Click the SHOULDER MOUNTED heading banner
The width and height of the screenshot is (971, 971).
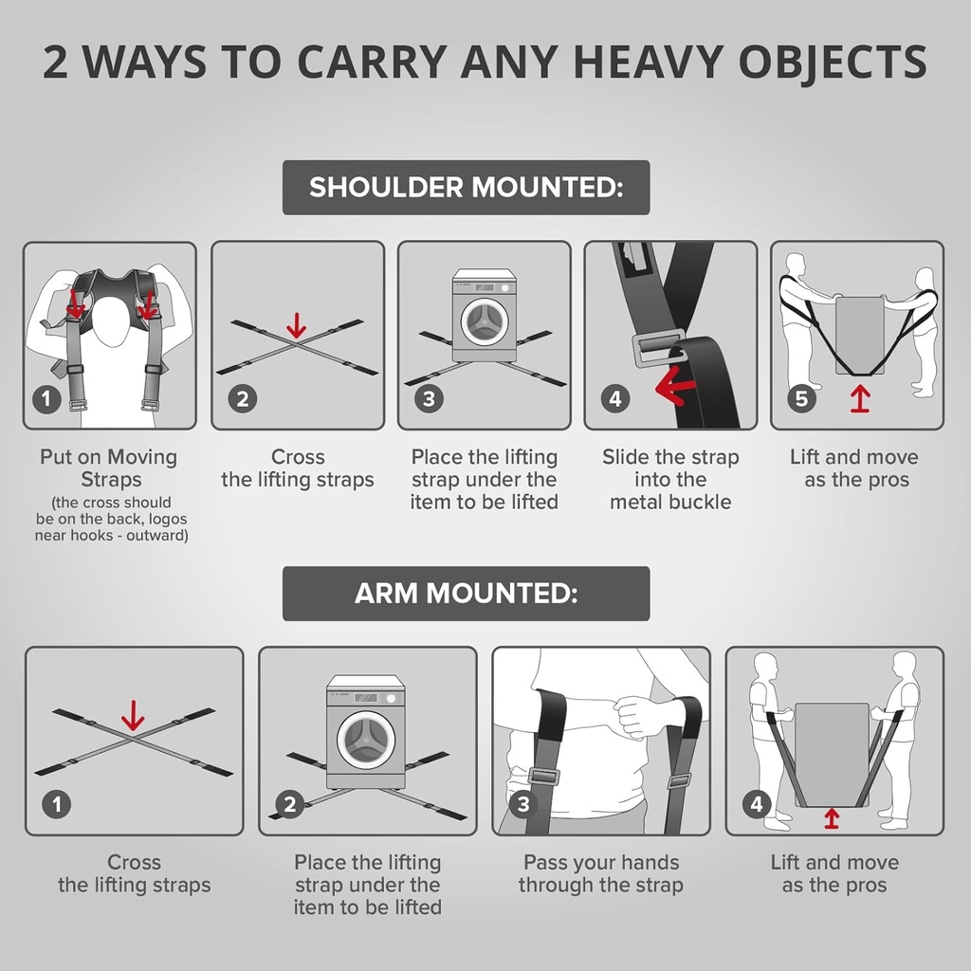pyautogui.click(x=466, y=187)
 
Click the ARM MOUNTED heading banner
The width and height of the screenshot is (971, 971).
pyautogui.click(x=466, y=594)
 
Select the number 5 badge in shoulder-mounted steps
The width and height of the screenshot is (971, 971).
pyautogui.click(x=801, y=398)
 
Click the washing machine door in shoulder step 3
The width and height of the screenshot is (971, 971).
pyautogui.click(x=484, y=321)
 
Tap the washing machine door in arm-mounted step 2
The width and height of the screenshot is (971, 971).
pyautogui.click(x=366, y=739)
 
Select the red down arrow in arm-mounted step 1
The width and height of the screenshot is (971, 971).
pyautogui.click(x=133, y=715)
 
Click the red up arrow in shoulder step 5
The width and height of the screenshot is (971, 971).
pyautogui.click(x=859, y=398)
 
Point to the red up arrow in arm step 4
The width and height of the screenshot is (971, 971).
pyautogui.click(x=832, y=816)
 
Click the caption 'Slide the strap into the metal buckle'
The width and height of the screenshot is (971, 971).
pyautogui.click(x=669, y=480)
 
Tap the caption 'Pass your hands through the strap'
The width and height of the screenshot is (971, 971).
pyautogui.click(x=600, y=873)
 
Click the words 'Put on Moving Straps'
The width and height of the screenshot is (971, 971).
pyautogui.click(x=108, y=467)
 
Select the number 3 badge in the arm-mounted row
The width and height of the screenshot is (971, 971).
pyautogui.click(x=523, y=805)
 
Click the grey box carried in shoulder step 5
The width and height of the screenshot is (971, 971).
pyautogui.click(x=859, y=332)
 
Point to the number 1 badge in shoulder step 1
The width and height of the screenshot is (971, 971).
pyautogui.click(x=46, y=398)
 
